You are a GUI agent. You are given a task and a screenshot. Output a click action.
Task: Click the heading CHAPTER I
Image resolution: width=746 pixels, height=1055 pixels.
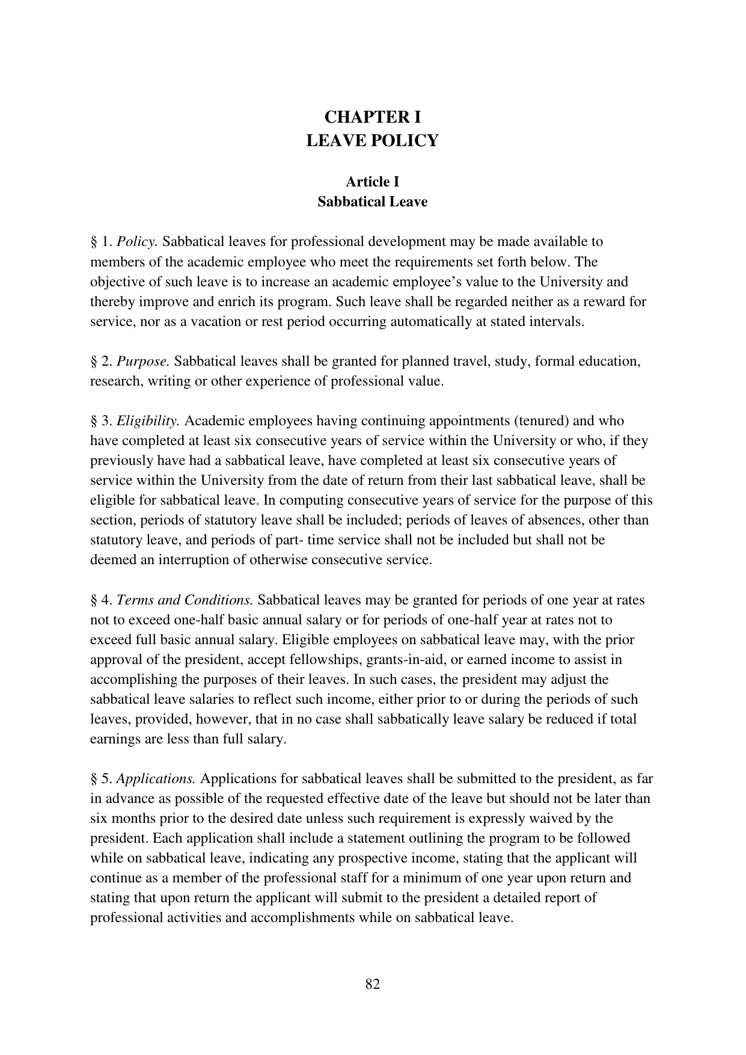(x=372, y=116)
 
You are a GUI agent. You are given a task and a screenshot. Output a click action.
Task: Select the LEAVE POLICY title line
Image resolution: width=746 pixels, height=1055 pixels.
(x=372, y=141)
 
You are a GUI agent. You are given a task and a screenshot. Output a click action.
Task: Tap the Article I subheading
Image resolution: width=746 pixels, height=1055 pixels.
(x=372, y=182)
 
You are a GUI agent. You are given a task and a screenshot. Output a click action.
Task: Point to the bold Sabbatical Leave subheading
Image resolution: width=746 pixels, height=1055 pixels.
(x=372, y=201)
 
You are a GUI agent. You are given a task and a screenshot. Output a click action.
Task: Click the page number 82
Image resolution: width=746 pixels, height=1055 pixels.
(x=372, y=985)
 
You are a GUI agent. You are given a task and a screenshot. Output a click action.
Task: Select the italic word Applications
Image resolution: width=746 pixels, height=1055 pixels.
(x=156, y=780)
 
